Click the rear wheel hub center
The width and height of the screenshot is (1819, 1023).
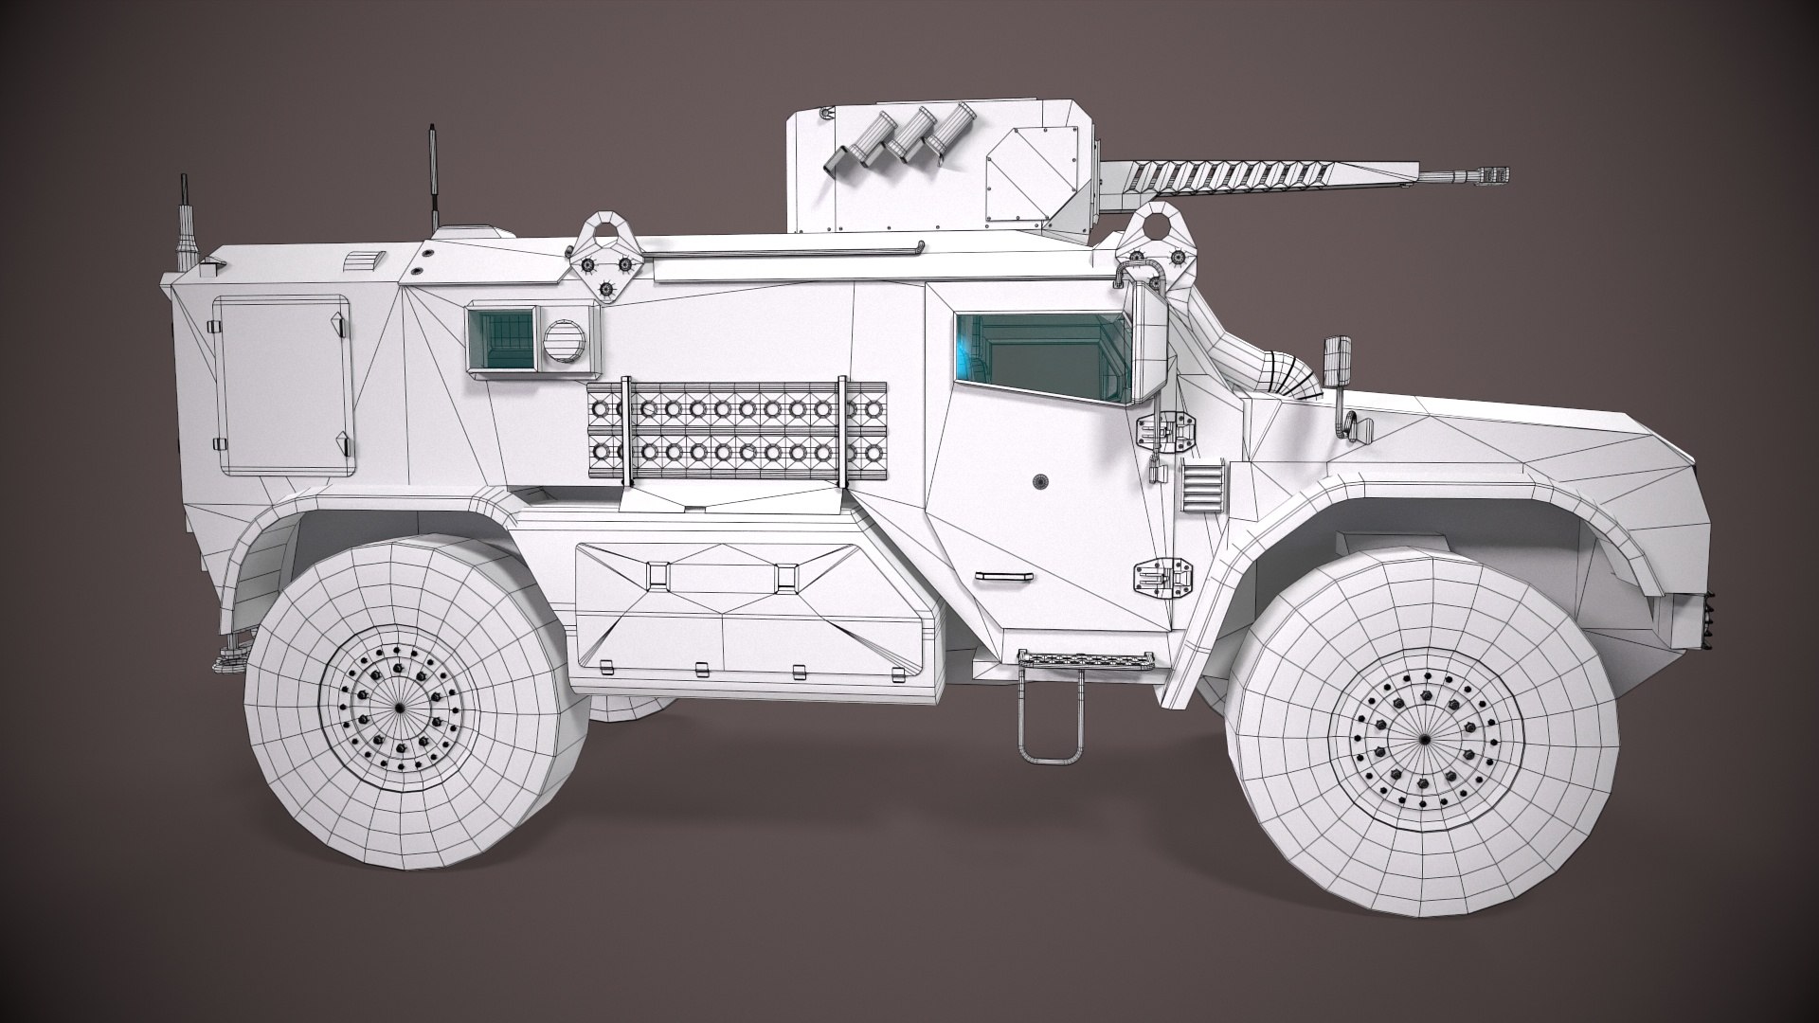coord(399,709)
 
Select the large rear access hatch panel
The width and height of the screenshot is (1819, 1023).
coord(281,386)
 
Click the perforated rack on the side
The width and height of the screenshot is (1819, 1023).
coord(736,431)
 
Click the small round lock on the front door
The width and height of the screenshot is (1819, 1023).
coord(1041,480)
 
